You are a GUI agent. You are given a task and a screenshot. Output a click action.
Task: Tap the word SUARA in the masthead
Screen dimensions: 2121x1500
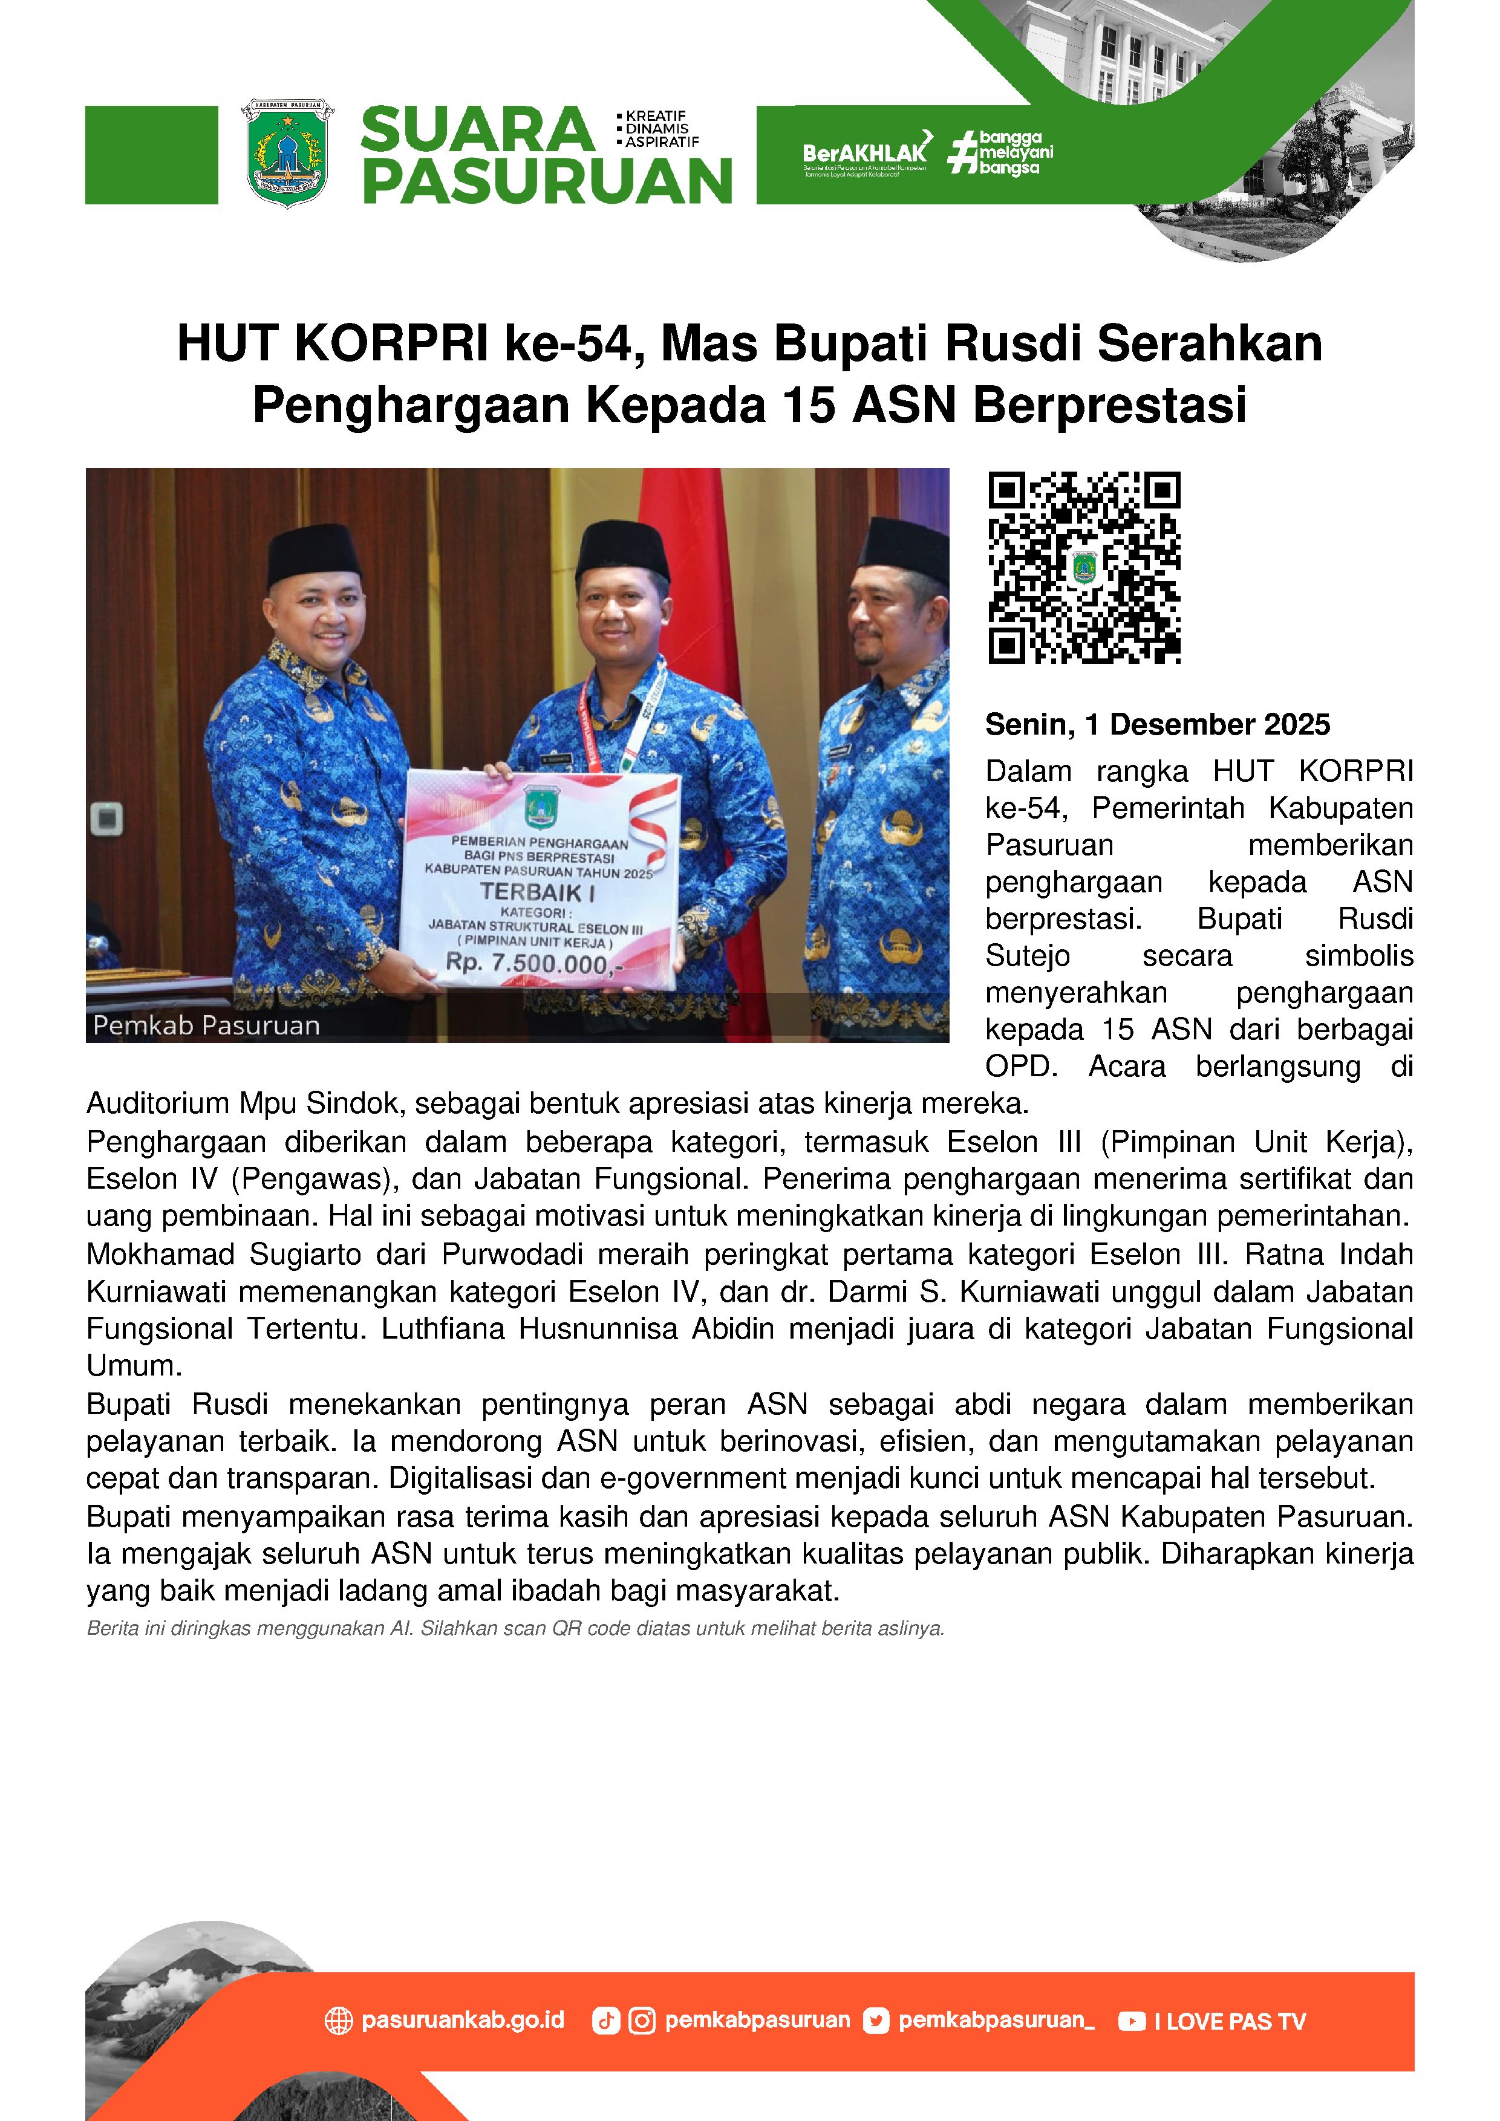[477, 129]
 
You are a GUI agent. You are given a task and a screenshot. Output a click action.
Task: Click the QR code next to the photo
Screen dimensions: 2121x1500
[1084, 567]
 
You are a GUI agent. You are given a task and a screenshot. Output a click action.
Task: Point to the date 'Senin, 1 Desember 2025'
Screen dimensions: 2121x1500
[1157, 725]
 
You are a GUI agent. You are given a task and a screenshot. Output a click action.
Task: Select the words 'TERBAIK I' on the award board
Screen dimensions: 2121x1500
[537, 892]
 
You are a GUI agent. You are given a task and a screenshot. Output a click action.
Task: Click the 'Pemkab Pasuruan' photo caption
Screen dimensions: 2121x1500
[206, 1025]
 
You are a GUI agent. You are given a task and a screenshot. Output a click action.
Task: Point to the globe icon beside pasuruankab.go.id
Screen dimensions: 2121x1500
[339, 2021]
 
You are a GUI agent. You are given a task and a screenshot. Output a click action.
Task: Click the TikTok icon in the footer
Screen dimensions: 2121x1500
[605, 2021]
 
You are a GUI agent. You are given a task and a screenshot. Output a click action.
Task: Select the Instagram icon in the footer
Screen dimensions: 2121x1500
[641, 2021]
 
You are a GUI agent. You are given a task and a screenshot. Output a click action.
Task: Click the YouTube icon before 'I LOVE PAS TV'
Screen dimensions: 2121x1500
[1131, 2021]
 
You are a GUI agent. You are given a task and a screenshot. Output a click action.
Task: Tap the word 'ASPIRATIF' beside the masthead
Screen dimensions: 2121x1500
[662, 142]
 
